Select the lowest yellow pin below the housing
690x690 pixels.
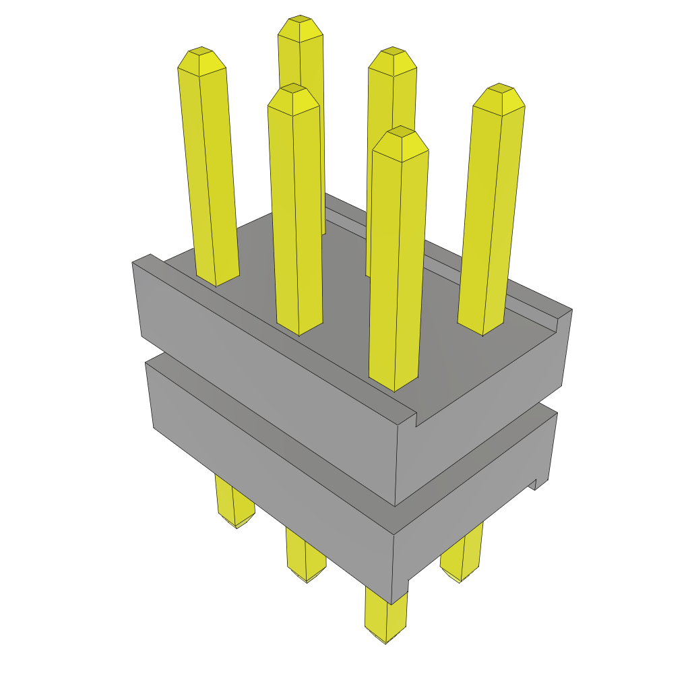coord(386,617)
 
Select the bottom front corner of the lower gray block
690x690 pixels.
coord(394,600)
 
